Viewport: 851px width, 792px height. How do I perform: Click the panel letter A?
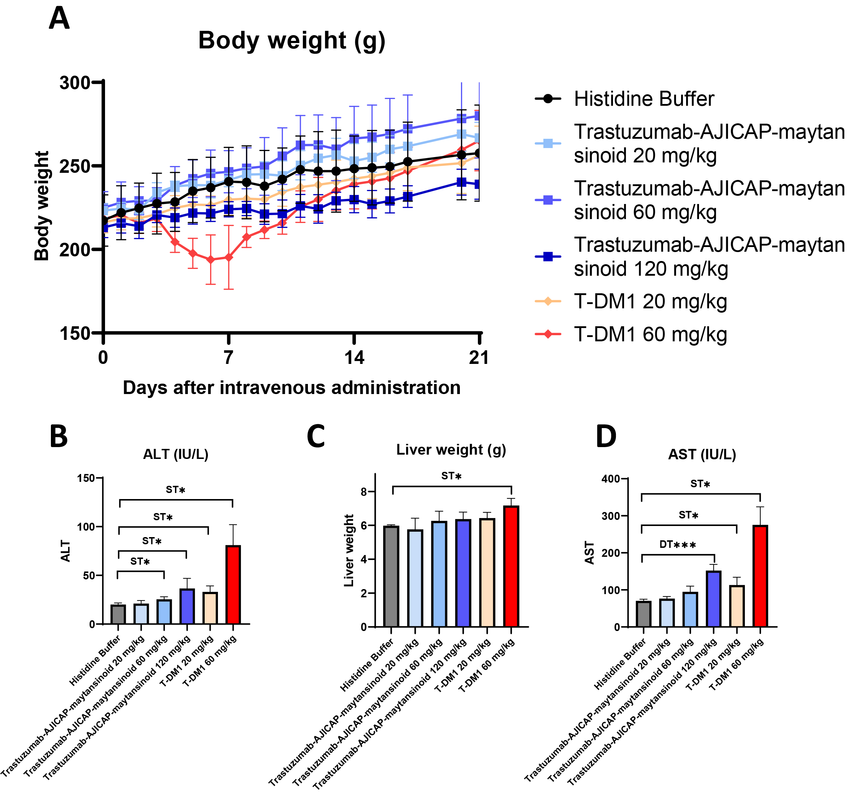(x=59, y=19)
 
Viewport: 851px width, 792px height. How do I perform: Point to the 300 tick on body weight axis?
(x=75, y=82)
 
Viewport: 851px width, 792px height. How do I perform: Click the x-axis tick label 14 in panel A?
(x=354, y=357)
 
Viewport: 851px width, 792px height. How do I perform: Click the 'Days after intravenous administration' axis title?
(x=291, y=388)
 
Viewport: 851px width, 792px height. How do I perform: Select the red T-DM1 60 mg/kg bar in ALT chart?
(x=233, y=585)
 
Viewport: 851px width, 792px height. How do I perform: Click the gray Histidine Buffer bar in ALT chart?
(x=118, y=614)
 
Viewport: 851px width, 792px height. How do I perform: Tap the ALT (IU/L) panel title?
(x=176, y=454)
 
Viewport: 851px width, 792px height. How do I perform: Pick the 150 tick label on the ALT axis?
(x=86, y=478)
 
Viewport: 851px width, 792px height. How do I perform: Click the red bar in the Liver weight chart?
(x=511, y=566)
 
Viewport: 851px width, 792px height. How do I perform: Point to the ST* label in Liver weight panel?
(x=451, y=476)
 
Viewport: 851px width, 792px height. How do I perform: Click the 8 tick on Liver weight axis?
(x=364, y=492)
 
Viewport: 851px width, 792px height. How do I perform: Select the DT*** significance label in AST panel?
(x=677, y=545)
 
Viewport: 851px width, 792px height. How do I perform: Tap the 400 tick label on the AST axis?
(x=610, y=479)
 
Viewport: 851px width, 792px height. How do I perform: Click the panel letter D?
(x=606, y=437)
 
